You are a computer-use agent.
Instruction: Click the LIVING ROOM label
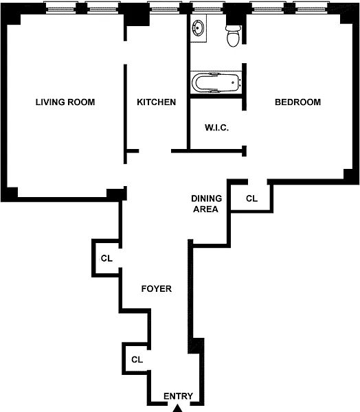tap(65, 102)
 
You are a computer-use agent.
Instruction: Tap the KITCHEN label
tap(157, 102)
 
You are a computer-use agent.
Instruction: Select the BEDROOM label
tap(297, 102)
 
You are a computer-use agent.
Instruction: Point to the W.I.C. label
tap(216, 128)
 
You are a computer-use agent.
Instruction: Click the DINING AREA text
tap(206, 204)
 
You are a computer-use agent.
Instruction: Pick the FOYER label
tap(157, 289)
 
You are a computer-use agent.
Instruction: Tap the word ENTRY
tap(179, 396)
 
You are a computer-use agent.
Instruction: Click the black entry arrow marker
tap(178, 409)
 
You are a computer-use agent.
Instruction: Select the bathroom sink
tap(198, 28)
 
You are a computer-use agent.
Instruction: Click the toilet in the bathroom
tap(234, 36)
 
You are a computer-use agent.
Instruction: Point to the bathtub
tap(216, 83)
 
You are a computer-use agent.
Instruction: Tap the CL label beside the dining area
tap(251, 198)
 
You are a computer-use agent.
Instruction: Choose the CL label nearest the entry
tap(137, 359)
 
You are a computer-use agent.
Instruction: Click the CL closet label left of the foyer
tap(106, 258)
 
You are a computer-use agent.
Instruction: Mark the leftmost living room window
tap(60, 8)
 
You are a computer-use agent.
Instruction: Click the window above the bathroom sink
tap(207, 8)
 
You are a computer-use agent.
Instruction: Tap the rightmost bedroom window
tap(311, 8)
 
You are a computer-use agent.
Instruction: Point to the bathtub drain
tap(233, 83)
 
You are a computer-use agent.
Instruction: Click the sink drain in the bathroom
tap(197, 28)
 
